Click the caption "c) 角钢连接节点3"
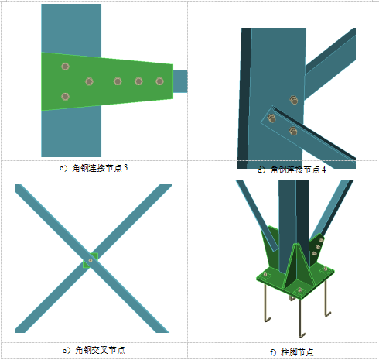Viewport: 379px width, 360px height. point(94,168)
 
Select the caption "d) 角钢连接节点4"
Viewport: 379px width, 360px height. point(292,170)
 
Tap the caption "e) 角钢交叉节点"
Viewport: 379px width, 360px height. point(94,350)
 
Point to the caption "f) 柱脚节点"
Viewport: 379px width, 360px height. point(292,352)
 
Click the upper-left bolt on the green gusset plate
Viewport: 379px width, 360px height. point(65,67)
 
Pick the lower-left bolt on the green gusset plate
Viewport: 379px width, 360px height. point(65,97)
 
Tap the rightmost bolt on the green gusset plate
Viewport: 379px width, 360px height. point(159,81)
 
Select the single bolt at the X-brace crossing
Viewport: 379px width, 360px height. point(90,260)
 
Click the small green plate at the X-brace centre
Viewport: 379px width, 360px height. point(90,260)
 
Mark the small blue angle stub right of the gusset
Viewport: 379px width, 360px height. point(180,81)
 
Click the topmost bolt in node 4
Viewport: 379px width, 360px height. point(294,100)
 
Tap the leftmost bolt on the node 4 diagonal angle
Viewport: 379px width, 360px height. point(271,118)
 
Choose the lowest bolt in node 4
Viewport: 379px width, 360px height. point(293,131)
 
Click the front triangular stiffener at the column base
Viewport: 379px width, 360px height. point(296,266)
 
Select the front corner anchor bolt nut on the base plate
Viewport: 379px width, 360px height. point(299,290)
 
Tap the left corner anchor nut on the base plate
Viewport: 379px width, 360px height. point(265,275)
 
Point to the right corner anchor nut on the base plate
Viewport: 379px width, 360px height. point(326,269)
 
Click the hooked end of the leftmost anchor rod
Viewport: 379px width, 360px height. point(268,320)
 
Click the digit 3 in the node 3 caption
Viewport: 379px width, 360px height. point(125,168)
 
